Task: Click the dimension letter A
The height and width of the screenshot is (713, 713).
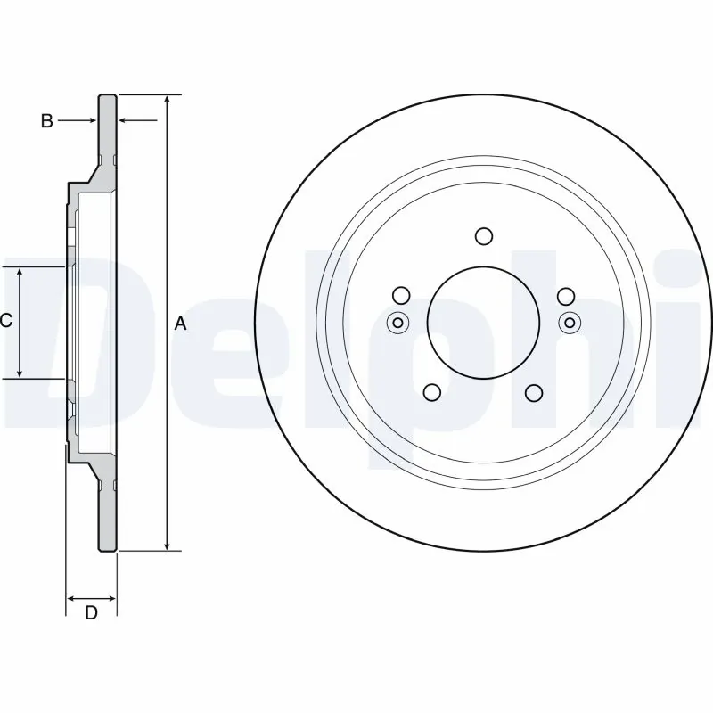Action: [180, 324]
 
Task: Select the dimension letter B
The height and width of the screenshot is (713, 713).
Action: [47, 121]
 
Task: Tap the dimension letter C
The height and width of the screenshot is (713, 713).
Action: [5, 321]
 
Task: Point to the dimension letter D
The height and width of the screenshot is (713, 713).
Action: [90, 613]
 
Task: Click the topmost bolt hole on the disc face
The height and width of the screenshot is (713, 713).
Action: [484, 236]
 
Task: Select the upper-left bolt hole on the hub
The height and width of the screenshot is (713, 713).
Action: [401, 296]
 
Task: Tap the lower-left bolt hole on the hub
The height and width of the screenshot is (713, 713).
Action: [432, 392]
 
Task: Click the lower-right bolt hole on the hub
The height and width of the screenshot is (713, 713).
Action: [535, 392]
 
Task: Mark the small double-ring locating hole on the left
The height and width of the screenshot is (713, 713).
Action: [398, 323]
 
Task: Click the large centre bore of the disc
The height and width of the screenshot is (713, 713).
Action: [483, 322]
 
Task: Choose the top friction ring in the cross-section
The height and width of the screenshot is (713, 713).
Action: [107, 134]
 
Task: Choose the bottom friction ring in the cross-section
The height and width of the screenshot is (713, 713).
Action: [107, 512]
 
